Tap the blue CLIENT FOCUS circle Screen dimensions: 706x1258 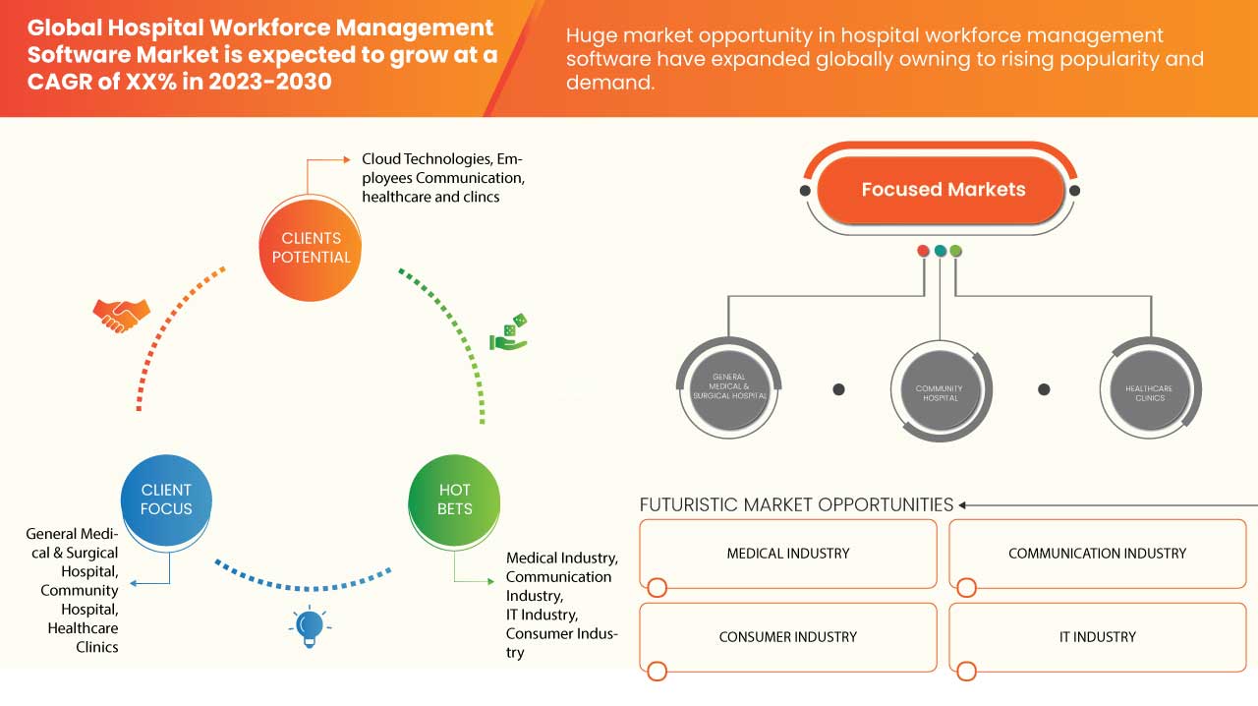[x=166, y=500]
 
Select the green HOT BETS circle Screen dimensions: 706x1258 [x=455, y=500]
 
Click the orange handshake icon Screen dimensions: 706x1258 [x=121, y=316]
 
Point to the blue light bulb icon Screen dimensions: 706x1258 [x=309, y=626]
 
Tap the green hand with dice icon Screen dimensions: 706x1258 [x=509, y=332]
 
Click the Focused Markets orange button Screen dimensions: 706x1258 [x=943, y=190]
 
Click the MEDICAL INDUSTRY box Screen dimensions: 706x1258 [x=788, y=554]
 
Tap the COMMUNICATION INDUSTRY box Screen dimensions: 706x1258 [x=1097, y=554]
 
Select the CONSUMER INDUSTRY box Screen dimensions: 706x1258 [x=788, y=637]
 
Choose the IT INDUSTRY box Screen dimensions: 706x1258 [x=1097, y=637]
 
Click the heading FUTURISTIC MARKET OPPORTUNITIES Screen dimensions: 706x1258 [x=796, y=504]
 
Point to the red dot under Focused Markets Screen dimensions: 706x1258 [x=923, y=251]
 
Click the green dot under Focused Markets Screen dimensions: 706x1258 [x=956, y=251]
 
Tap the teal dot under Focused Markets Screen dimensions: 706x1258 [x=940, y=251]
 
